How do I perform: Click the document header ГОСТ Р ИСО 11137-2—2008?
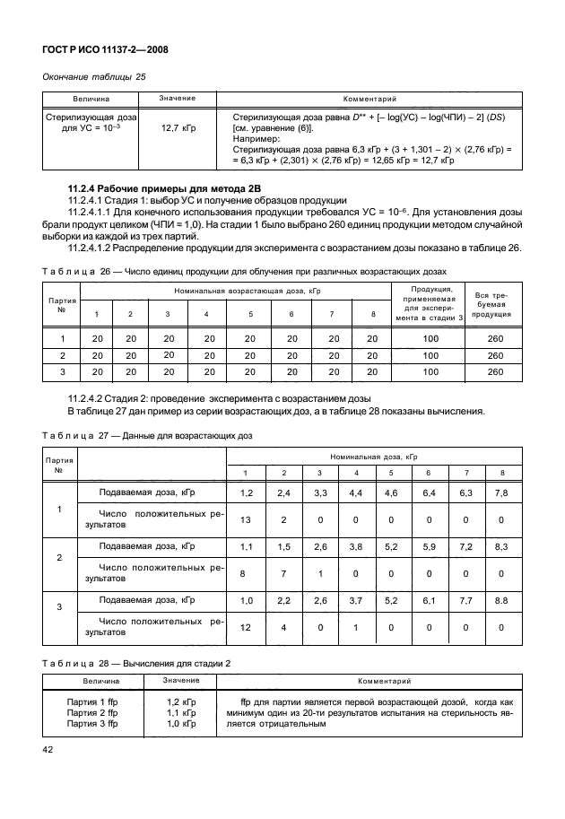(106, 50)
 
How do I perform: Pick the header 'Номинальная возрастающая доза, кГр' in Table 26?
(237, 292)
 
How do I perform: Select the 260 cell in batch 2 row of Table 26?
(494, 354)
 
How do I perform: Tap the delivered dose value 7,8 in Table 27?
(502, 492)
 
